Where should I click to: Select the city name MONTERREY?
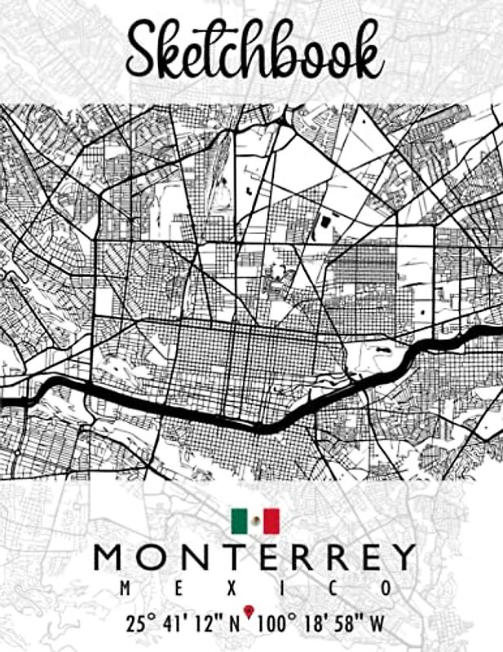254,558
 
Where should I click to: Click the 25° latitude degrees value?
142,624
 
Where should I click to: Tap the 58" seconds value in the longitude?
348,624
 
